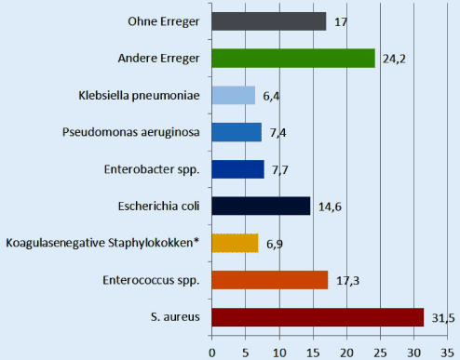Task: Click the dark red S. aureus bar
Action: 318,317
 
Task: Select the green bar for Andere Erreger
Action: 293,58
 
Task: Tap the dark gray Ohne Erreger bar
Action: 269,20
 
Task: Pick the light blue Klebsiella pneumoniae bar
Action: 234,95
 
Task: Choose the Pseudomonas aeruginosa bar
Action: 237,132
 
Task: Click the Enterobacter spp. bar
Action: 238,169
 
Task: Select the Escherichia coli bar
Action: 262,206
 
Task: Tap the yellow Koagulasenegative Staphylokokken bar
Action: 236,243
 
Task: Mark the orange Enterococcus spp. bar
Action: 270,280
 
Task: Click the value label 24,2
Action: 392,60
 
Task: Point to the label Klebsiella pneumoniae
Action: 142,95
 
